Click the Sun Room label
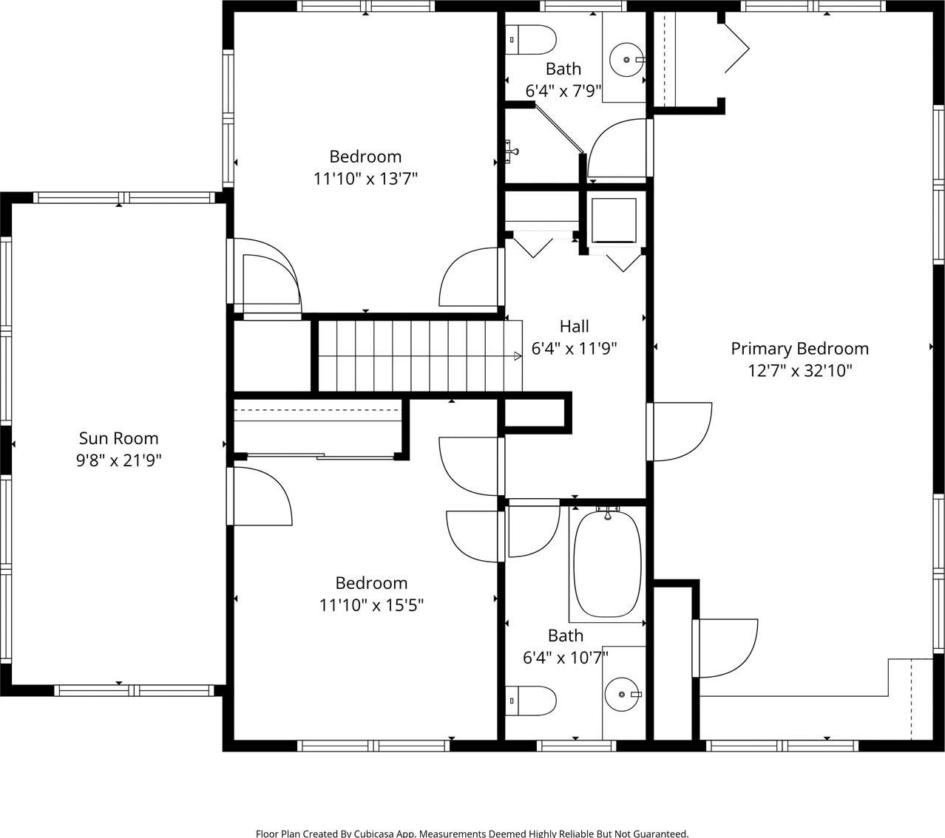coord(118,438)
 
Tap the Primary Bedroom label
coord(799,349)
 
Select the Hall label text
coord(575,326)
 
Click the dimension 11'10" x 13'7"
coord(365,179)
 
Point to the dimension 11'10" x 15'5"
coord(371,605)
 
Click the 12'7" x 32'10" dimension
coord(800,371)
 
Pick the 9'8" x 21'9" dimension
coord(118,460)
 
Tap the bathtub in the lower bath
coord(607,564)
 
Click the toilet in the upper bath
coord(531,40)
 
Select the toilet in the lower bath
coord(531,701)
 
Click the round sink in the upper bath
coord(627,60)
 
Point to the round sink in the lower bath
coord(622,695)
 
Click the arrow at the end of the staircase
coord(518,356)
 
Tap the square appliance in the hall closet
coord(614,220)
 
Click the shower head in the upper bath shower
coord(512,151)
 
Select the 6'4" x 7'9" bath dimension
coord(563,90)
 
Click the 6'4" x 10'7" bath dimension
coord(566,658)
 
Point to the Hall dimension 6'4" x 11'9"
coord(575,348)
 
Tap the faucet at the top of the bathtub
coord(608,514)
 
